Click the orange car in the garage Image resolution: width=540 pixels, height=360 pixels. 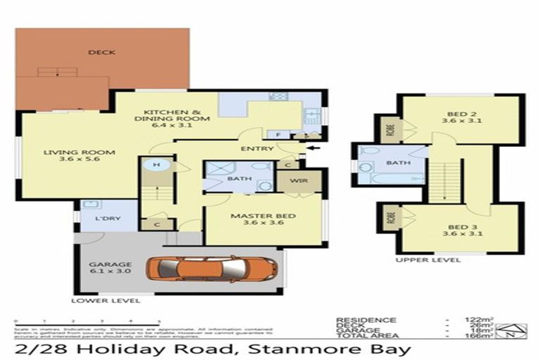point(212,268)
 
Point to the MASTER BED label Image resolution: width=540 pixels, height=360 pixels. point(264,218)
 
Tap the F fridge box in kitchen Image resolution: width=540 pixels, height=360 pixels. point(269,134)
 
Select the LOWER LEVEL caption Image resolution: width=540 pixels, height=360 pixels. point(105,300)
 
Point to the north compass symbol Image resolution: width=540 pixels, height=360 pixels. point(519,328)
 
